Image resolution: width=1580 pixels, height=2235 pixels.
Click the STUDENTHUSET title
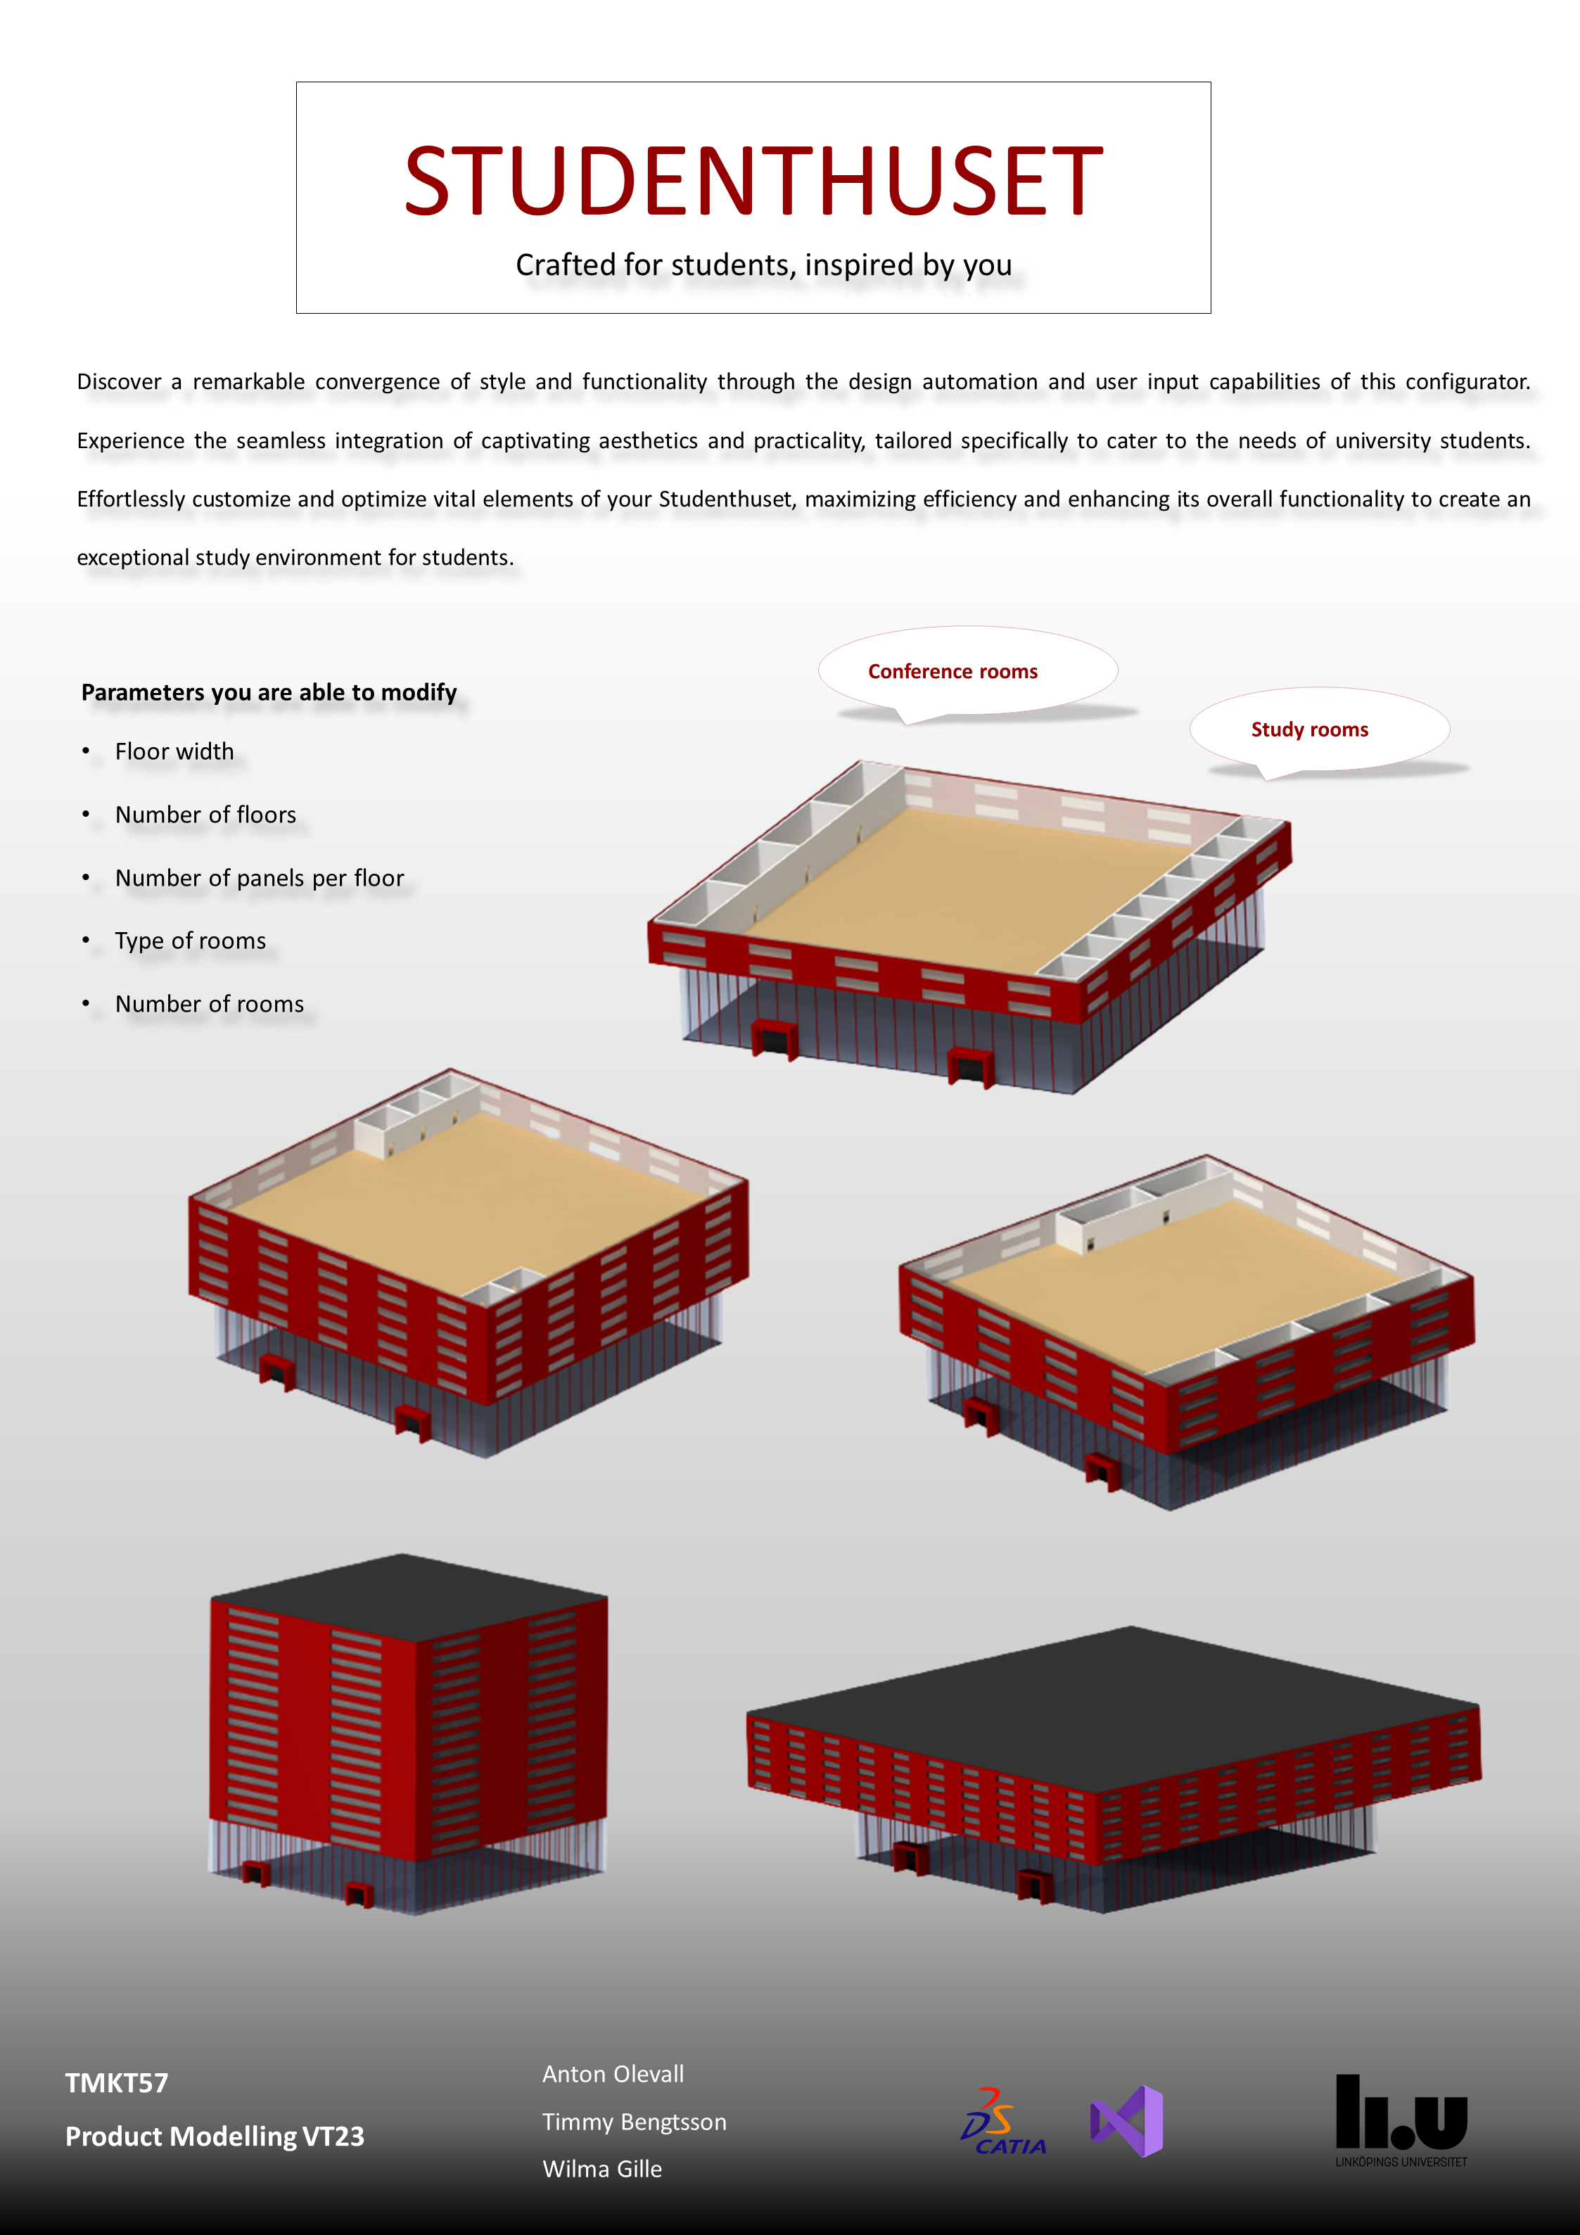(753, 181)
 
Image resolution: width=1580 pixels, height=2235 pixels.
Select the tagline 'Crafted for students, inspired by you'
(764, 265)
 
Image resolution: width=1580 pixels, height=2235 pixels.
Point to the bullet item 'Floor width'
(174, 751)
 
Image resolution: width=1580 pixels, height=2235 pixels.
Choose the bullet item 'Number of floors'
(205, 815)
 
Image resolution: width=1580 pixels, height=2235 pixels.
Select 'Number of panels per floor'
(259, 878)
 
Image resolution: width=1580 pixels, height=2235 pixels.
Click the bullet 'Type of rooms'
(190, 941)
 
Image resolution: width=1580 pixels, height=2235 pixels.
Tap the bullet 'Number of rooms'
(210, 1004)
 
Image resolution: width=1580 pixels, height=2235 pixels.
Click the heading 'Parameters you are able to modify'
(269, 692)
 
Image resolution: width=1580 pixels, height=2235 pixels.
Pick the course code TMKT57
(117, 2082)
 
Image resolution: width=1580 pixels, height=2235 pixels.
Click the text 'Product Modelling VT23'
(214, 2136)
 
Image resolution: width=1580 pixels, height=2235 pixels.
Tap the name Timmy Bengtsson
(635, 2121)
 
